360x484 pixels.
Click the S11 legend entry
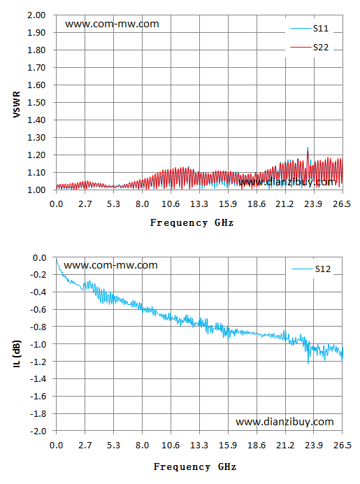(310, 29)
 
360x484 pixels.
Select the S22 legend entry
(310, 48)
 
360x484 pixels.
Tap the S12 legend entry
(311, 269)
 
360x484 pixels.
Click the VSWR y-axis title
(17, 104)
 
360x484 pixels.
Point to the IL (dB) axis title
(17, 353)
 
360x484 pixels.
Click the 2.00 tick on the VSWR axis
(36, 15)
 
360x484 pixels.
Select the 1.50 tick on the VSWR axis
(36, 103)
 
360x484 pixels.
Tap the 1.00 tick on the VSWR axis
(36, 190)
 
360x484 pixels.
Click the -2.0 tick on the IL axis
(38, 431)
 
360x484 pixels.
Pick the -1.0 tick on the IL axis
(38, 344)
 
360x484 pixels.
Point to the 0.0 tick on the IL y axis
(39, 257)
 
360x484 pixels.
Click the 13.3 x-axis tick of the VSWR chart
(199, 204)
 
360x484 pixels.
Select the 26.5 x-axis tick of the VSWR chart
(342, 204)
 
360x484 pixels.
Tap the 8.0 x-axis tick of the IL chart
(142, 445)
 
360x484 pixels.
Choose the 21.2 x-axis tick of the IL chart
(285, 445)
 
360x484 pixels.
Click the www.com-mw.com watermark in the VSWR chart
(112, 24)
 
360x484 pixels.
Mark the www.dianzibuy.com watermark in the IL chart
(285, 422)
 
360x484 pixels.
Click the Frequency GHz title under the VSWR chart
(192, 222)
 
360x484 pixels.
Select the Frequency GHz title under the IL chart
(195, 467)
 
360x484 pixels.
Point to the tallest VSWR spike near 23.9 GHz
(308, 148)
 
